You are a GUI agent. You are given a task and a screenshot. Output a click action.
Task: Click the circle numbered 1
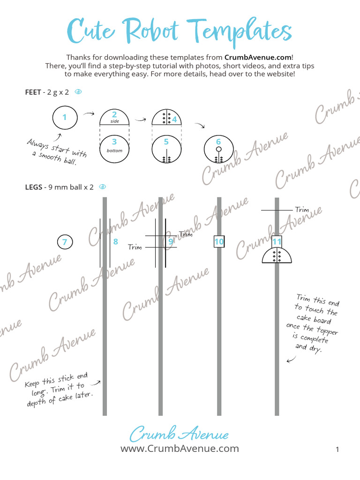click(x=65, y=118)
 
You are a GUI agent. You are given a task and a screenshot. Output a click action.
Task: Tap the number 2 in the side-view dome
click(x=114, y=114)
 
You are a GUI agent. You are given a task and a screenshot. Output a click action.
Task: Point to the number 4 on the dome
click(x=174, y=119)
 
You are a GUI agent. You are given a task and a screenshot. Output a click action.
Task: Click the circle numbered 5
click(x=166, y=150)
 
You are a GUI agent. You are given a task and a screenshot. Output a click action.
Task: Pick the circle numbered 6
click(x=218, y=150)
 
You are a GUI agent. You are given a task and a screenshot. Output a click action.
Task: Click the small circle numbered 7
click(x=65, y=242)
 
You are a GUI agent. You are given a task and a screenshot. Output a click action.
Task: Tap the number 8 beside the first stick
click(x=115, y=242)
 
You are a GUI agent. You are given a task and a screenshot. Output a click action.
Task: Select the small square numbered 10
click(x=219, y=242)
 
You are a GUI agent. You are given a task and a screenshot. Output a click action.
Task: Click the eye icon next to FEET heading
click(x=78, y=92)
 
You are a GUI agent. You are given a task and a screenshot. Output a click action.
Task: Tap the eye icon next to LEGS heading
click(x=103, y=187)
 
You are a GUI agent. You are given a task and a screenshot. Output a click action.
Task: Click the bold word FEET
click(x=33, y=92)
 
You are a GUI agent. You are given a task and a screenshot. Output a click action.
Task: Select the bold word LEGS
click(x=33, y=187)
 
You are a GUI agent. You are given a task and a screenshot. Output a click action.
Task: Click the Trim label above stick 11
click(x=302, y=210)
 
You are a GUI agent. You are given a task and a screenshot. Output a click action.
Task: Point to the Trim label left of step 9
click(x=135, y=247)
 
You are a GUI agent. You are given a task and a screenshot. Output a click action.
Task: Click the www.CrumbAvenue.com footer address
click(x=180, y=449)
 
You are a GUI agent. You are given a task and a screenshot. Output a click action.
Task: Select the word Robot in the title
click(x=154, y=31)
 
